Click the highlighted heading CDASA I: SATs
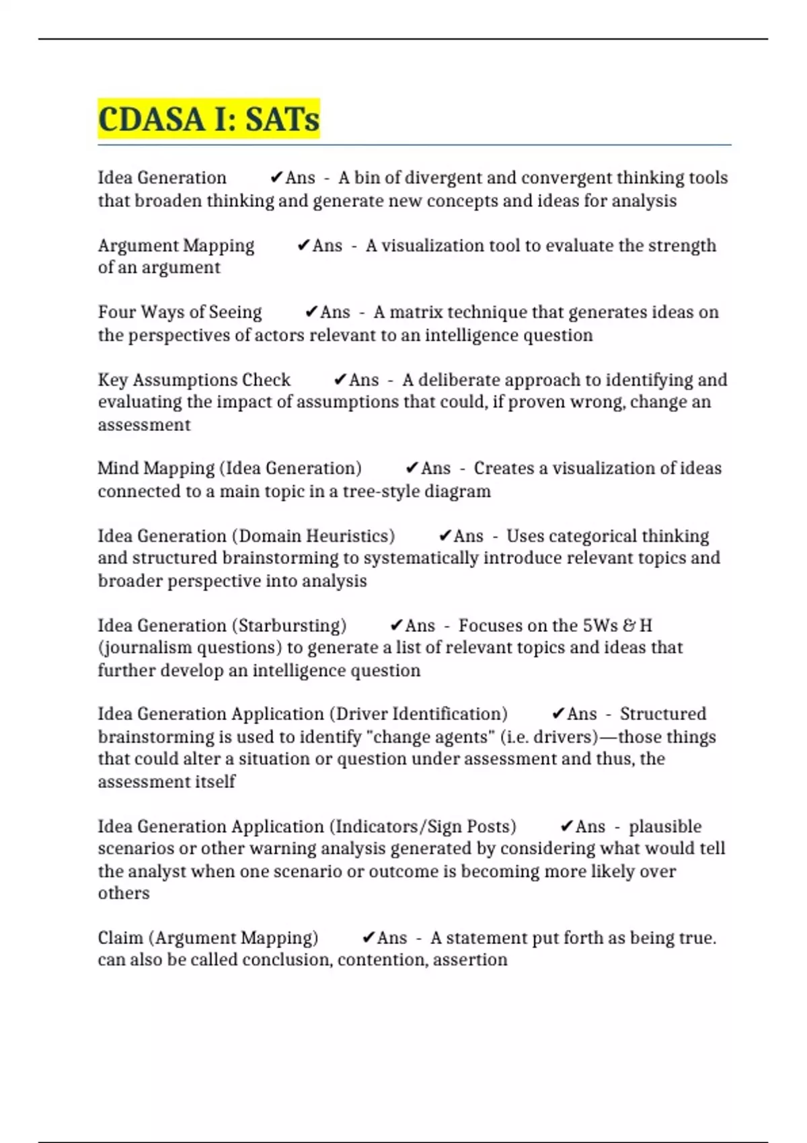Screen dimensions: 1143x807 point(208,119)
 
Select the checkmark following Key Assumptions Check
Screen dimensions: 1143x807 point(340,380)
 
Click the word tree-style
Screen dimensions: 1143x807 point(381,491)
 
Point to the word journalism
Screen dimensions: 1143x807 point(141,647)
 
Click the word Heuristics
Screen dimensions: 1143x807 point(350,536)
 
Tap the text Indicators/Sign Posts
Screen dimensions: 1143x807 point(425,826)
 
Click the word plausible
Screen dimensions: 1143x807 point(665,826)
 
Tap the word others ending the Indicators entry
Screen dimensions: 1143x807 point(124,893)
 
